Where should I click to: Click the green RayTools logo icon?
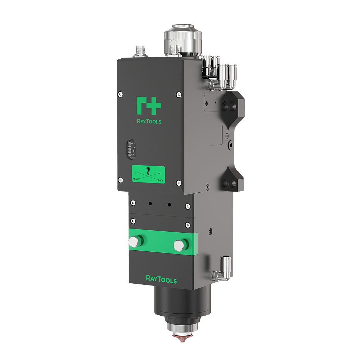[148, 105]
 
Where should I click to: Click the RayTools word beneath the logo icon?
[149, 121]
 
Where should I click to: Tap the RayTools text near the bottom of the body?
[161, 279]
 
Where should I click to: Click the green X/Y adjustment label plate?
[148, 174]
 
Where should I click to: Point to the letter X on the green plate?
[134, 179]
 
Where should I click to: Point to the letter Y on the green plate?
[162, 180]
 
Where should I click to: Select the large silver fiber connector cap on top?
[182, 39]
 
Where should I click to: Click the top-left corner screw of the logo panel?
[120, 94]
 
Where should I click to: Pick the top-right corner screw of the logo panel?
[179, 94]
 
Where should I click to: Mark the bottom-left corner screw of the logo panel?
[120, 180]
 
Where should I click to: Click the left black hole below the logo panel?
[150, 204]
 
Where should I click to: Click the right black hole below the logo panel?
[169, 204]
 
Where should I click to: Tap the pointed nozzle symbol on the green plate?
[148, 171]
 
